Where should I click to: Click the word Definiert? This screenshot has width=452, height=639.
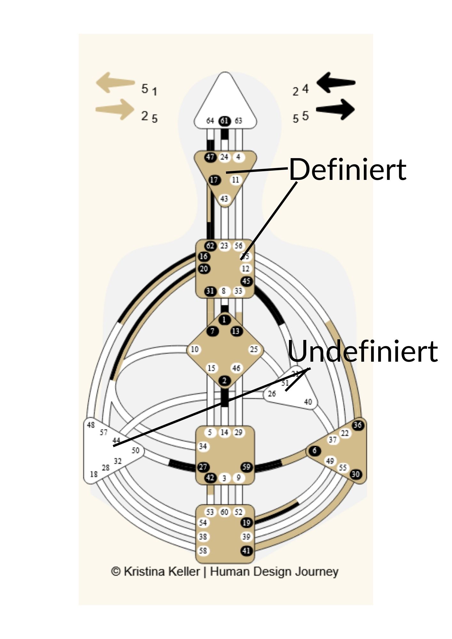pyautogui.click(x=347, y=169)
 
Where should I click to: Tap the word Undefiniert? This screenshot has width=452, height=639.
pyautogui.click(x=362, y=351)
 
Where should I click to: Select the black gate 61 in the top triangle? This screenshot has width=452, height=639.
pyautogui.click(x=224, y=121)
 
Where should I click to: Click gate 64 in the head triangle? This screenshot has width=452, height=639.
pyautogui.click(x=210, y=121)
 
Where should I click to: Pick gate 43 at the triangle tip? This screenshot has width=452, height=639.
pyautogui.click(x=224, y=199)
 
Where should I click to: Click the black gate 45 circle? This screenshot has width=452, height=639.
pyautogui.click(x=246, y=281)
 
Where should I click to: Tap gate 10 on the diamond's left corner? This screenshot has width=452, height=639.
pyautogui.click(x=195, y=349)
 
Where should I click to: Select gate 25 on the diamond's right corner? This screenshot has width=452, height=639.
pyautogui.click(x=254, y=349)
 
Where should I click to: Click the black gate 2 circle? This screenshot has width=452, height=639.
pyautogui.click(x=224, y=381)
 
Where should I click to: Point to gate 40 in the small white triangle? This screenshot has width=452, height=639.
pyautogui.click(x=308, y=402)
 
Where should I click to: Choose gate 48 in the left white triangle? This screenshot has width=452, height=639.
pyautogui.click(x=91, y=425)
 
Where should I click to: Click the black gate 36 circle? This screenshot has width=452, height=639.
pyautogui.click(x=357, y=425)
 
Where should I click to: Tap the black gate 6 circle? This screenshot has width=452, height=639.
pyautogui.click(x=315, y=450)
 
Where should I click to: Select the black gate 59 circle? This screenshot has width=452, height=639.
pyautogui.click(x=246, y=467)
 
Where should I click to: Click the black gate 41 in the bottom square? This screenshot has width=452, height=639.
pyautogui.click(x=246, y=550)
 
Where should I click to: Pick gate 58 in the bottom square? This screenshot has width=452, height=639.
pyautogui.click(x=203, y=550)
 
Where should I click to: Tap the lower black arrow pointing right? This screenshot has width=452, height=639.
pyautogui.click(x=336, y=110)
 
